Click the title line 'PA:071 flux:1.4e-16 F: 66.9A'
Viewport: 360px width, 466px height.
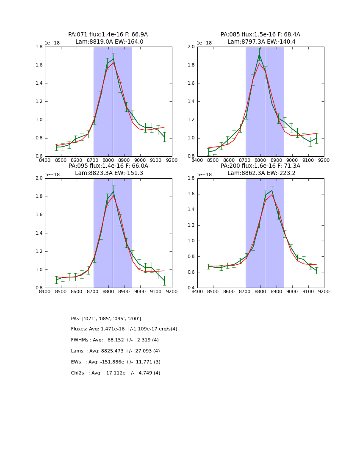(108, 35)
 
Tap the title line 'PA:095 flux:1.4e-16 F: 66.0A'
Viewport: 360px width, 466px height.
(108, 166)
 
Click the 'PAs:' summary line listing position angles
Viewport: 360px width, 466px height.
(106, 319)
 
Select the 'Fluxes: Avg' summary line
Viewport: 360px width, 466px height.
(124, 329)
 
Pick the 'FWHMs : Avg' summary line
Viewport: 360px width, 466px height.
(115, 340)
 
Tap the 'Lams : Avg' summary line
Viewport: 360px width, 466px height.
(115, 351)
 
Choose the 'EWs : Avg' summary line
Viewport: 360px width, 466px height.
(116, 362)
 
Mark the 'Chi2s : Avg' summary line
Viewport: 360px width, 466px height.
(116, 373)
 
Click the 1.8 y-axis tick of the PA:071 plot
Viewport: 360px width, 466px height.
(39, 47)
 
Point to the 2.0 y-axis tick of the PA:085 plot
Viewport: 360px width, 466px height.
(192, 47)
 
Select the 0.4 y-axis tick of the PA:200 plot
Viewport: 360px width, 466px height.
(192, 288)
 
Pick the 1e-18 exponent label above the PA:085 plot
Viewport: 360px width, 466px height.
(205, 43)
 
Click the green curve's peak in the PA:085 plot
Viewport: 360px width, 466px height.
(259, 55)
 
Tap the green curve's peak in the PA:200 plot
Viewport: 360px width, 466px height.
(272, 190)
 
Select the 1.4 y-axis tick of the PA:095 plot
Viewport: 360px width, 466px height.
(39, 233)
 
